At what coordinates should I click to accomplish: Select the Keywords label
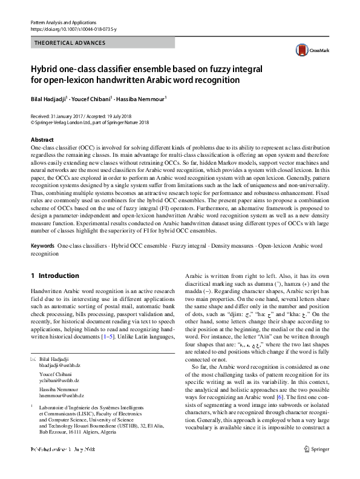coord(42,247)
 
